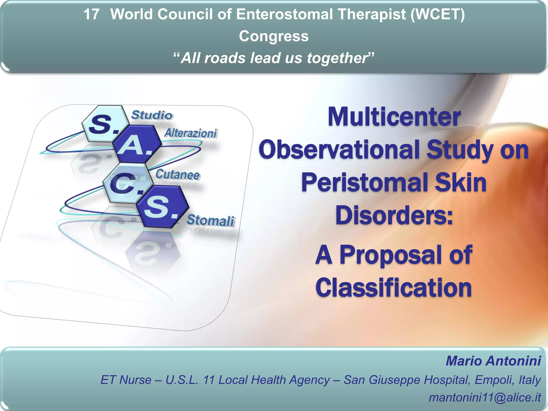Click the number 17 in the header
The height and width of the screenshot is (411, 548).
91,14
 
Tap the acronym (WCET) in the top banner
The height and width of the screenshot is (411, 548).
438,14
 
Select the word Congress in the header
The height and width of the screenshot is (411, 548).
274,36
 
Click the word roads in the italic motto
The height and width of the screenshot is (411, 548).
225,58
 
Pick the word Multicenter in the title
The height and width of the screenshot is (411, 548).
394,117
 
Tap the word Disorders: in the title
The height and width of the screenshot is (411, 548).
394,216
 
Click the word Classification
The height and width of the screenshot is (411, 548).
393,288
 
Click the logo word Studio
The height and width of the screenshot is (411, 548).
152,115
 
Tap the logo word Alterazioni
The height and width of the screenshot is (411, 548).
191,133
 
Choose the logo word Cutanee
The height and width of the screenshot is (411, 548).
177,174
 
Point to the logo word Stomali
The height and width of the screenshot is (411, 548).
211,220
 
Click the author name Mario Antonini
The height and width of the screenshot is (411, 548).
493,361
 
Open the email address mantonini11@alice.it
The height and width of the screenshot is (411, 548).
485,397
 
